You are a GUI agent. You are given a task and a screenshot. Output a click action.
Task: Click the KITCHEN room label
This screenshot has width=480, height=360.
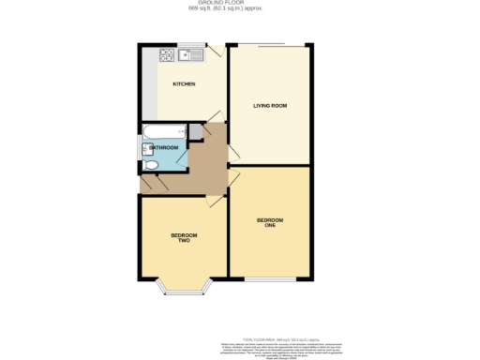pyautogui.click(x=183, y=85)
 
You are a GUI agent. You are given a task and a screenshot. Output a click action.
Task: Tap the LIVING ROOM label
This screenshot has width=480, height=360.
pyautogui.click(x=270, y=106)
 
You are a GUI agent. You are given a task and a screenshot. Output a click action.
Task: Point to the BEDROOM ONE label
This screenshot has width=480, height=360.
pyautogui.click(x=270, y=223)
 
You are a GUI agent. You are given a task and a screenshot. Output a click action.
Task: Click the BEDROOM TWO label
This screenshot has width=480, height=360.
pyautogui.click(x=181, y=237)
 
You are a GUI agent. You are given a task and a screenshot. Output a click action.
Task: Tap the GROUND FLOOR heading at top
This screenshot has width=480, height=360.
pyautogui.click(x=240, y=3)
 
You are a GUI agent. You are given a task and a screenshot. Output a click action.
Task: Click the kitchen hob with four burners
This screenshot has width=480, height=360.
pyautogui.click(x=167, y=54)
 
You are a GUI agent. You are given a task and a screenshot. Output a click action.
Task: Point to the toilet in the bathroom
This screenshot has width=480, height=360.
pyautogui.click(x=151, y=165)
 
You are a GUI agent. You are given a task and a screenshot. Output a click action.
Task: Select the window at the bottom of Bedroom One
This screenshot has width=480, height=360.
pyautogui.click(x=271, y=279)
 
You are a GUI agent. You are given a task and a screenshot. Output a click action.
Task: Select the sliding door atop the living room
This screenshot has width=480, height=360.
pyautogui.click(x=272, y=44)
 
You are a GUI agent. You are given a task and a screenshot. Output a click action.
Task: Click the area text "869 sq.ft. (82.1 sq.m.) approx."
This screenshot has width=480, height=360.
pyautogui.click(x=240, y=8)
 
